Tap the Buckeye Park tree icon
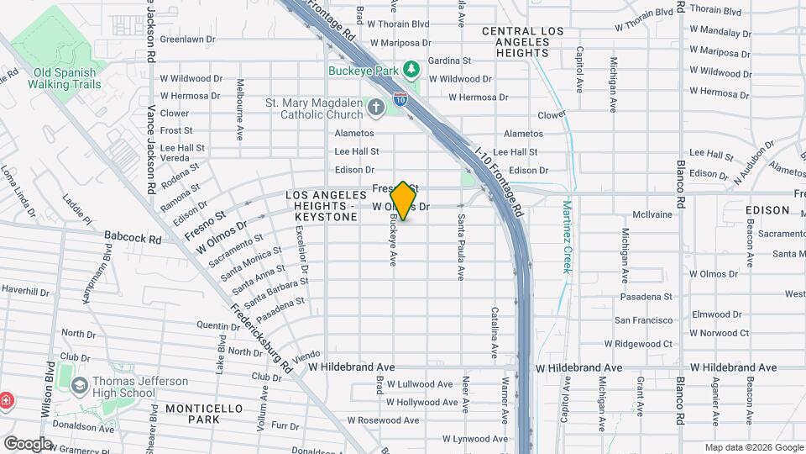point(411,68)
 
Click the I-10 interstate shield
point(401,101)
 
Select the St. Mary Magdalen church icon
point(375,107)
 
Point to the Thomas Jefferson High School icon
point(80,387)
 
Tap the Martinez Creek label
point(567,236)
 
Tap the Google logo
point(28,443)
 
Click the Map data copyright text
point(752,447)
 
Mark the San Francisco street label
point(643,320)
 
